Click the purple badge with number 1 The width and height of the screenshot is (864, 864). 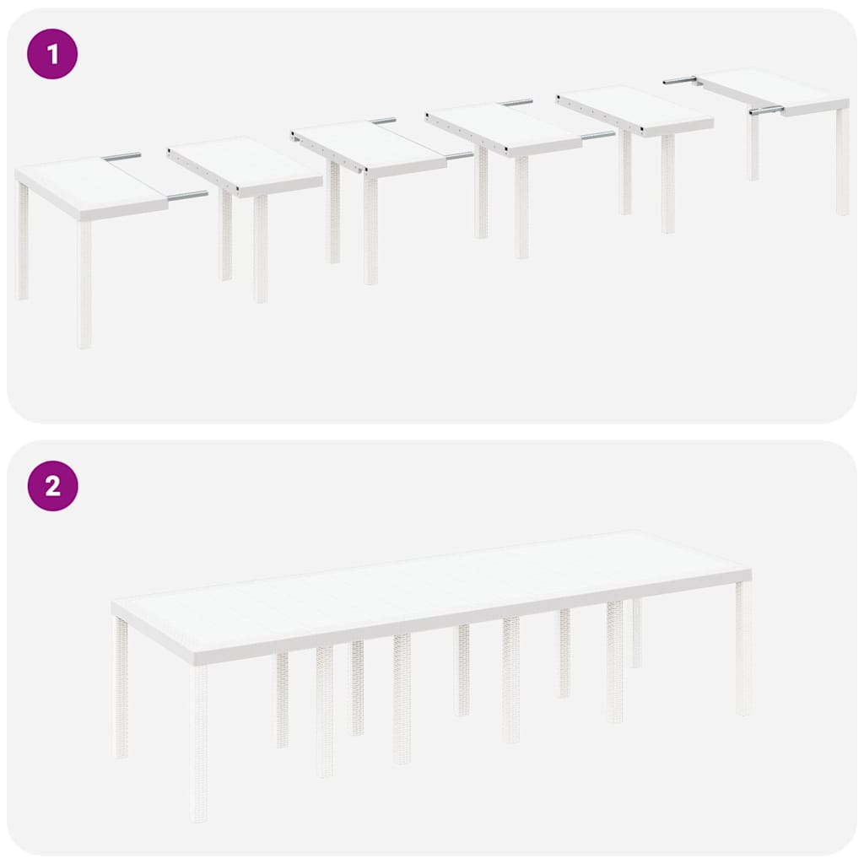[52, 54]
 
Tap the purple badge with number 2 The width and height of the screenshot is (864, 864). [52, 486]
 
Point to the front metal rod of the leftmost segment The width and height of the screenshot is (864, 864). [186, 196]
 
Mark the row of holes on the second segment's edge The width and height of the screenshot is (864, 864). [202, 170]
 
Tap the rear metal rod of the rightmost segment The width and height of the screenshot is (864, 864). [680, 80]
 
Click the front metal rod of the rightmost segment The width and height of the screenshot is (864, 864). [766, 111]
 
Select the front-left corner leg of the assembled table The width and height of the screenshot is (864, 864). [199, 742]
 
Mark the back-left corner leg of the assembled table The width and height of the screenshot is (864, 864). [121, 688]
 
